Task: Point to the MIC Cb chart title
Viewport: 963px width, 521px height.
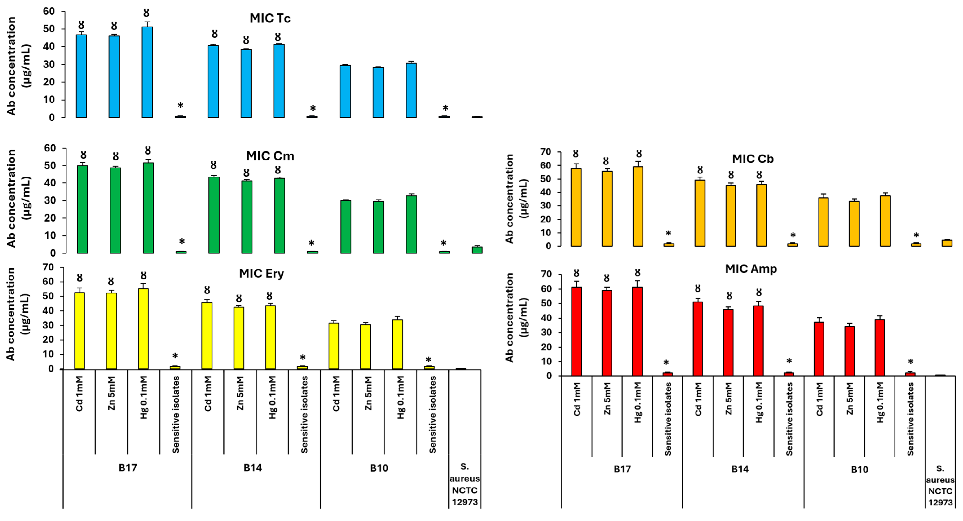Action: pyautogui.click(x=753, y=159)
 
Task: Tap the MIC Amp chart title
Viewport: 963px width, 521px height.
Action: pyautogui.click(x=751, y=269)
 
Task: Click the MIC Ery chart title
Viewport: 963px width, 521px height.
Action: pyautogui.click(x=261, y=274)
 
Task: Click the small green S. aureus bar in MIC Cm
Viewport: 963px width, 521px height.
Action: pyautogui.click(x=477, y=250)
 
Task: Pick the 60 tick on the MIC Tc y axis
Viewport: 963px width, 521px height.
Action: pyautogui.click(x=49, y=12)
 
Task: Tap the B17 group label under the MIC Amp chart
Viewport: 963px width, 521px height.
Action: pyautogui.click(x=622, y=469)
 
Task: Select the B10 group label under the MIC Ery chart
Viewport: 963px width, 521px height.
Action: pyautogui.click(x=379, y=468)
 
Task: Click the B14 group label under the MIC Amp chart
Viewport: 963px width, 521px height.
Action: pyautogui.click(x=740, y=469)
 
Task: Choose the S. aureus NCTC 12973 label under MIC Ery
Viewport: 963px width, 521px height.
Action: pyautogui.click(x=465, y=484)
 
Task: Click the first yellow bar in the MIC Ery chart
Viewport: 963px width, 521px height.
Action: pyautogui.click(x=80, y=331)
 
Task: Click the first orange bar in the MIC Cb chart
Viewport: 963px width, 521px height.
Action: pyautogui.click(x=576, y=208)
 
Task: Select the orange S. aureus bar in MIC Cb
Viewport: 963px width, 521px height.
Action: pyautogui.click(x=947, y=243)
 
